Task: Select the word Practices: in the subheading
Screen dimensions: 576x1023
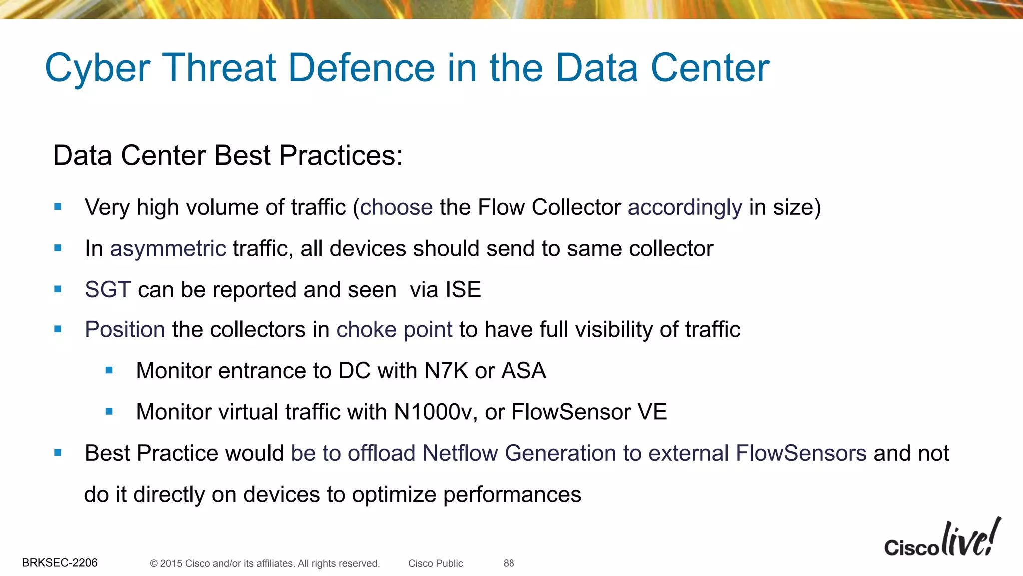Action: [x=341, y=155]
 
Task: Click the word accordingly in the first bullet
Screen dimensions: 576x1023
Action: [x=685, y=207]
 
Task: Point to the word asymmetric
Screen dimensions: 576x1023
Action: [x=168, y=249]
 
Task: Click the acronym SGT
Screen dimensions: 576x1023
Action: [x=108, y=290]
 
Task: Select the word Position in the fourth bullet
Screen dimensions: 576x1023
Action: [x=125, y=330]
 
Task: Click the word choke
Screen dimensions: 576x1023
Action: [x=366, y=330]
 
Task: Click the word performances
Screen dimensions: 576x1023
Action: [x=512, y=495]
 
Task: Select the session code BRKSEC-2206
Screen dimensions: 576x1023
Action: [x=60, y=563]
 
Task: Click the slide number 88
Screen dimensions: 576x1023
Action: [x=509, y=563]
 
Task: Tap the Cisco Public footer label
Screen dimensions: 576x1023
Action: [x=435, y=563]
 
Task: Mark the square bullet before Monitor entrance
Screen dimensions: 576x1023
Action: [x=109, y=371]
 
